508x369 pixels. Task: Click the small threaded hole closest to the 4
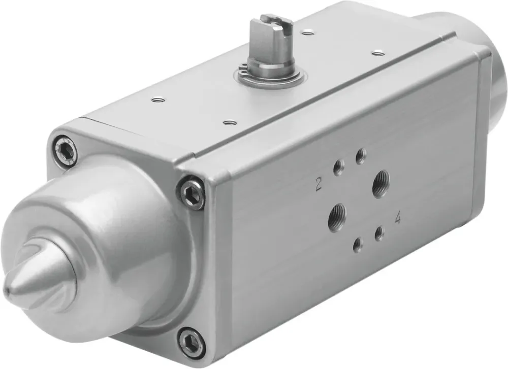point(379,234)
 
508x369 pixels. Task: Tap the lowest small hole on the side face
point(358,245)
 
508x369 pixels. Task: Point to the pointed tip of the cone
point(7,290)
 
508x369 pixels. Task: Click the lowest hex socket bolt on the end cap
point(192,342)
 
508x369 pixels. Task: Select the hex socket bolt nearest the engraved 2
point(192,191)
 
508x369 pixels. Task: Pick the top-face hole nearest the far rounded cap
point(376,51)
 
